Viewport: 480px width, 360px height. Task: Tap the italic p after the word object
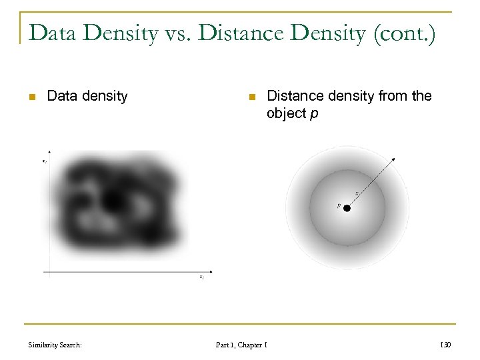pyautogui.click(x=314, y=114)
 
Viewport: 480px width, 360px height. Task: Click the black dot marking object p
pyautogui.click(x=347, y=208)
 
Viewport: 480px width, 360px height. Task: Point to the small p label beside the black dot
pyautogui.click(x=339, y=206)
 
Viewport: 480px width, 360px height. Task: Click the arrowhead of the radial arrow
pyautogui.click(x=394, y=159)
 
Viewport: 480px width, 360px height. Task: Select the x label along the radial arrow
pyautogui.click(x=357, y=193)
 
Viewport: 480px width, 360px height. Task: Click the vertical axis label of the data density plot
pyautogui.click(x=44, y=161)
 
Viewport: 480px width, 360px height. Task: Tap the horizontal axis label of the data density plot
pyautogui.click(x=201, y=277)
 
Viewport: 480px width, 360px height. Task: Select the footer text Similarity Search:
pyautogui.click(x=55, y=345)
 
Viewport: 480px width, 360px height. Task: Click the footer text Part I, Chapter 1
pyautogui.click(x=241, y=345)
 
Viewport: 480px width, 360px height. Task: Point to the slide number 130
pyautogui.click(x=446, y=345)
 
